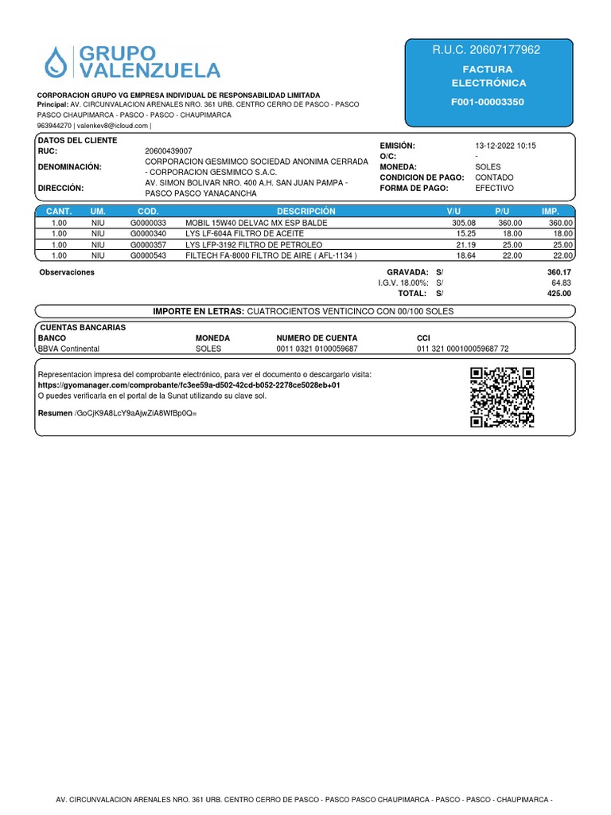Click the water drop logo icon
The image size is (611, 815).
[56, 62]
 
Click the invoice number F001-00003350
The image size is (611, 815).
[488, 102]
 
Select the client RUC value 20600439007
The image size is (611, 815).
[168, 150]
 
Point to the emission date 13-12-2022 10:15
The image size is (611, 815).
[505, 146]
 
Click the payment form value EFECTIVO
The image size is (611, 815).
[494, 188]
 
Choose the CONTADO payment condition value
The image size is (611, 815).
[494, 177]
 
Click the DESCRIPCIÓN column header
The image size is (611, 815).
[306, 211]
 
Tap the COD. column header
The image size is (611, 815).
[149, 211]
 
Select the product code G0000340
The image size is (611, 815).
[149, 234]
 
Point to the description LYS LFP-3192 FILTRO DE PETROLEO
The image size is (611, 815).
[255, 245]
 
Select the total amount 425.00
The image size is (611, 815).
[559, 294]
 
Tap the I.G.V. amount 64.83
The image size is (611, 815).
[561, 283]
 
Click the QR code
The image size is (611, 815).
[501, 397]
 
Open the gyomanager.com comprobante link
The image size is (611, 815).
[189, 384]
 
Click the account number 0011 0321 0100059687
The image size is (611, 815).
[317, 349]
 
